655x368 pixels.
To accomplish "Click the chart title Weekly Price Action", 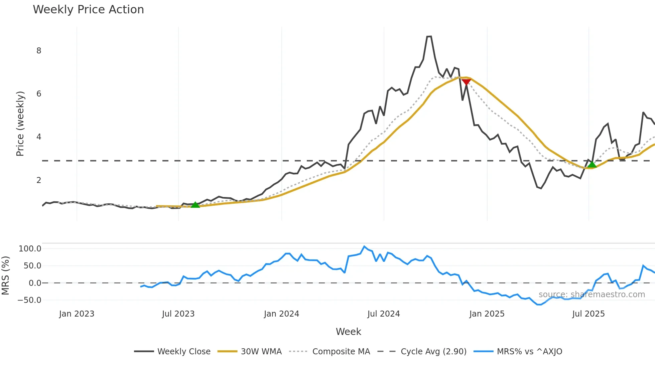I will click(x=88, y=10).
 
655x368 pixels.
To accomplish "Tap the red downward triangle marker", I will click(x=466, y=82).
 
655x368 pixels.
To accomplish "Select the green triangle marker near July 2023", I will click(x=195, y=205).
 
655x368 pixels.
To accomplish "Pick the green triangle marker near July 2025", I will click(x=592, y=164).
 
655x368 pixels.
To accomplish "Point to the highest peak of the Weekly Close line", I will click(x=429, y=36).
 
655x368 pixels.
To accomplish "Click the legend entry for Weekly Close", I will click(x=172, y=352).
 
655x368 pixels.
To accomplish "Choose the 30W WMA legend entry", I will click(x=250, y=352).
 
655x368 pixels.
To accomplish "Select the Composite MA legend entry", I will click(x=330, y=352).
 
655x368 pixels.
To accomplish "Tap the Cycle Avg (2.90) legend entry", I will click(x=422, y=352).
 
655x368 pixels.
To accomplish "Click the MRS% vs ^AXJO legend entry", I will click(x=518, y=352).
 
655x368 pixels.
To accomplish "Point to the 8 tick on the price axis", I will click(x=39, y=51).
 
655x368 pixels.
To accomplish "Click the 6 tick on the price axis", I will click(x=39, y=94).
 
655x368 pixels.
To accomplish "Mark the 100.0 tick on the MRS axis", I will click(x=30, y=249).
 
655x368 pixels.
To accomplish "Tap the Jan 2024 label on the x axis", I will click(x=281, y=314).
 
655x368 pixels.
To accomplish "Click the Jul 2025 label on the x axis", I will click(x=588, y=314).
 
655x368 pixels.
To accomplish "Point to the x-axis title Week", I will click(x=348, y=332).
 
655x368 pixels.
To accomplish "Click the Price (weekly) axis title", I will click(x=20, y=124).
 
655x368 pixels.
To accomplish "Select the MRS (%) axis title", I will click(x=5, y=275).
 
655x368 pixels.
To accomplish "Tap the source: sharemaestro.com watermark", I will click(x=592, y=295).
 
